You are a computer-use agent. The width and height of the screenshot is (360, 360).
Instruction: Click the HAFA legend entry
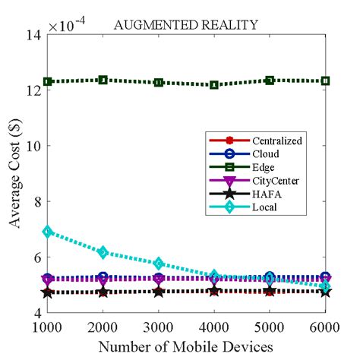(252, 193)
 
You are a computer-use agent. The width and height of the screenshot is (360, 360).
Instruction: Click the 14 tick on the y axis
(32, 35)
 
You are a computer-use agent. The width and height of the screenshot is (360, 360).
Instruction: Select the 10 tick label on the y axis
(32, 146)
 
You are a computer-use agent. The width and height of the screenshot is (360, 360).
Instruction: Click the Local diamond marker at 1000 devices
(48, 231)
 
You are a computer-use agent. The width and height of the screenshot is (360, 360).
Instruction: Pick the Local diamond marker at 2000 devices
(103, 252)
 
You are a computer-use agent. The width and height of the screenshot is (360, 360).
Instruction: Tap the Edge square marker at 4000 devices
(214, 85)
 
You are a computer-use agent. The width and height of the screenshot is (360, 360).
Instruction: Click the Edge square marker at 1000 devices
(48, 81)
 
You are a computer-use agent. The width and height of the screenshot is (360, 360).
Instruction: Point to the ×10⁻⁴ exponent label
(72, 25)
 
